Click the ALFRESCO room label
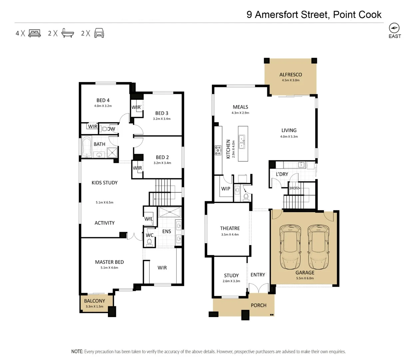pyautogui.click(x=290, y=75)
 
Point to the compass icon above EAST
pyautogui.click(x=394, y=28)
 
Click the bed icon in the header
pyautogui.click(x=35, y=33)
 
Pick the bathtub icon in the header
pyautogui.click(x=68, y=33)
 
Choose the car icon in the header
pyautogui.click(x=99, y=33)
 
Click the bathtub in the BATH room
pyautogui.click(x=87, y=147)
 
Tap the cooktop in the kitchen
pyautogui.click(x=218, y=150)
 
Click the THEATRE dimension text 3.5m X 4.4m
pyautogui.click(x=230, y=234)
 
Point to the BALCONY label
pyautogui.click(x=94, y=301)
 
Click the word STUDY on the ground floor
pyautogui.click(x=231, y=275)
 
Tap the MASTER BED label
pyautogui.click(x=109, y=262)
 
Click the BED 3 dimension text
pyautogui.click(x=162, y=119)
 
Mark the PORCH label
pyautogui.click(x=258, y=305)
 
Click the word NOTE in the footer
pyautogui.click(x=77, y=351)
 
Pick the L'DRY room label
pyautogui.click(x=282, y=174)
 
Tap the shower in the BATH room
pyautogui.click(x=112, y=152)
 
